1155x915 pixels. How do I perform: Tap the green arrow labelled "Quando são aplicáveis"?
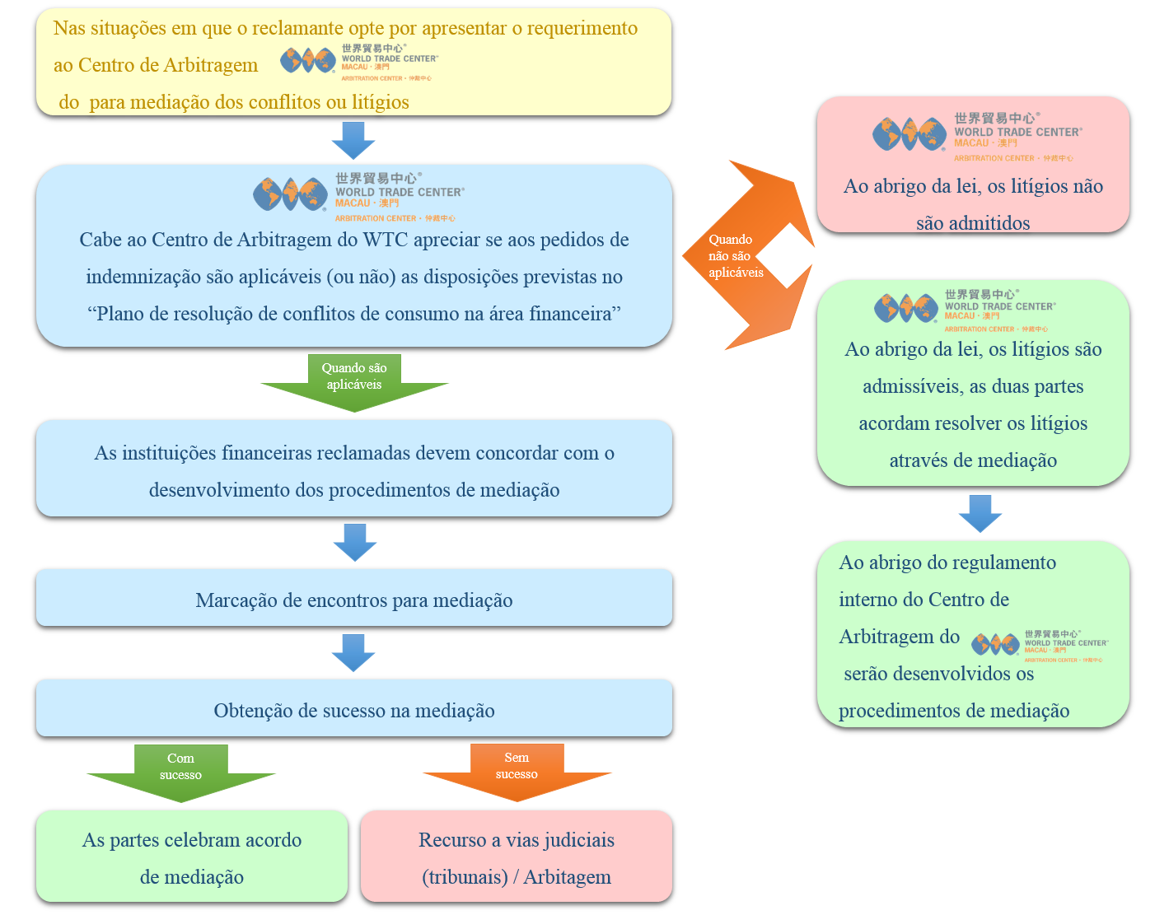tap(354, 383)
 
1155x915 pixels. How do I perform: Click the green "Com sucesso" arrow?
tap(181, 773)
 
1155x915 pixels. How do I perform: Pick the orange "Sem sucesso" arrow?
tap(517, 772)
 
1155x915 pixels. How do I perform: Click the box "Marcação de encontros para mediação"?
tap(354, 600)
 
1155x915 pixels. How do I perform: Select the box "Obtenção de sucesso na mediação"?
tap(354, 710)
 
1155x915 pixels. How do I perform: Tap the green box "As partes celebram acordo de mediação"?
tap(192, 857)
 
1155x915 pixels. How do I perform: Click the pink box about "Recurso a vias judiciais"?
tap(517, 857)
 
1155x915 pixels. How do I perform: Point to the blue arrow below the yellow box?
tap(353, 140)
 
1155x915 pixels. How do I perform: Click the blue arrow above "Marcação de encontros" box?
tap(355, 542)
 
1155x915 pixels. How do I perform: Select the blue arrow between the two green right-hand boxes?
tap(980, 513)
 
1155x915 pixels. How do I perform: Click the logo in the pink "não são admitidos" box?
tap(977, 136)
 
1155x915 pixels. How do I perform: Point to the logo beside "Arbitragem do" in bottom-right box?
tap(1040, 645)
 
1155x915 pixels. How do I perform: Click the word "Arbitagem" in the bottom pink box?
tap(568, 877)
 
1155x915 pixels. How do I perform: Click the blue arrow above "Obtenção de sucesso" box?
tap(353, 652)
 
